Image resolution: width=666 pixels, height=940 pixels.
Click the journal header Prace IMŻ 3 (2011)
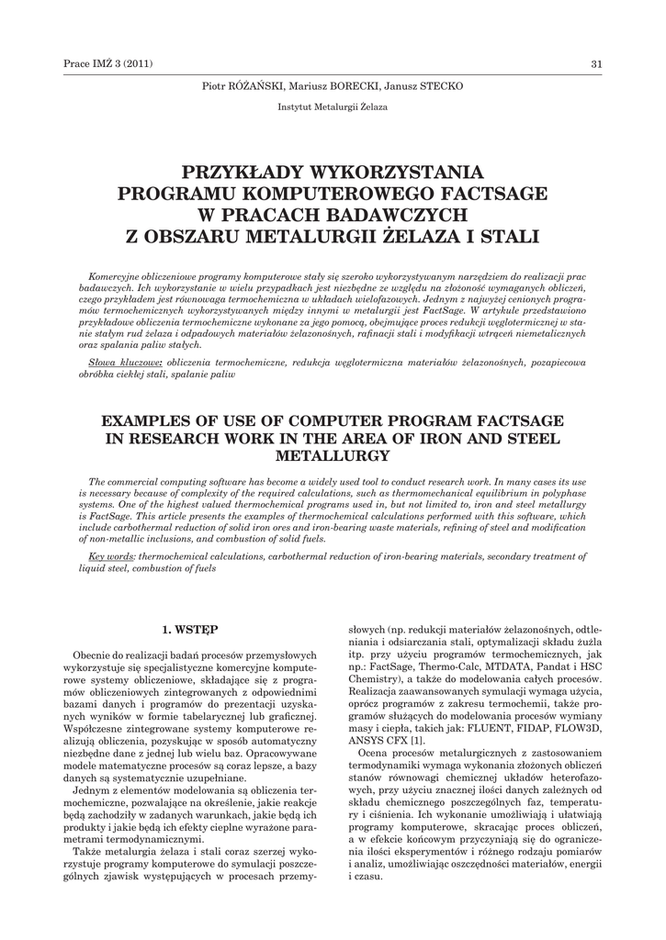pos(107,63)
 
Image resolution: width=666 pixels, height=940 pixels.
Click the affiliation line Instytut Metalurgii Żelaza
pos(333,106)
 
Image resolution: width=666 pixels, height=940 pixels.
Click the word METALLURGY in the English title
pos(333,455)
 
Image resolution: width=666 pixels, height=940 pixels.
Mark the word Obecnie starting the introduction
pos(95,655)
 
